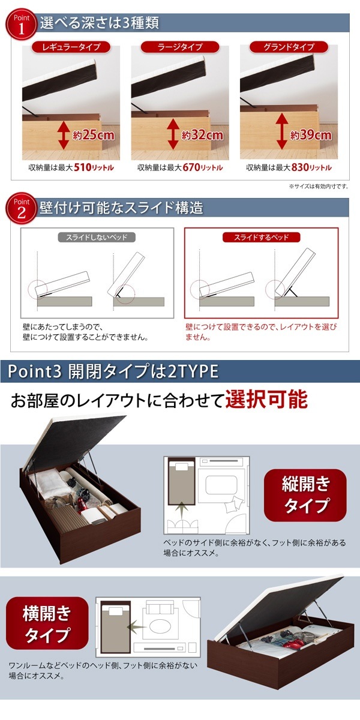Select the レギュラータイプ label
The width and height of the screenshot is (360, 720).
pyautogui.click(x=70, y=47)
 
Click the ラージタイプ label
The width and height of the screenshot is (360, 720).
pyautogui.click(x=179, y=47)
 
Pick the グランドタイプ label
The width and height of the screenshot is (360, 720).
pyautogui.click(x=289, y=47)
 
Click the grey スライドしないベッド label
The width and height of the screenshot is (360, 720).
pyautogui.click(x=97, y=238)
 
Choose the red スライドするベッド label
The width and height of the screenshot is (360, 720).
pyautogui.click(x=261, y=238)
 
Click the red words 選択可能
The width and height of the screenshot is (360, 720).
pyautogui.click(x=266, y=400)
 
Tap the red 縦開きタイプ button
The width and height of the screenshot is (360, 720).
pyautogui.click(x=305, y=494)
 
